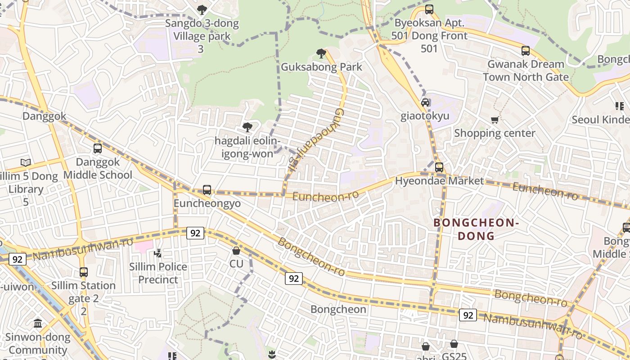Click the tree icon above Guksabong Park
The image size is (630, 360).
tap(321, 54)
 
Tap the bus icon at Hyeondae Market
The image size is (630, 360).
tap(439, 167)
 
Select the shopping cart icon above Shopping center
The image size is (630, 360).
tap(495, 120)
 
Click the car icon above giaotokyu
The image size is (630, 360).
tap(425, 103)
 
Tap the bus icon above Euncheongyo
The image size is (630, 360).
tap(207, 190)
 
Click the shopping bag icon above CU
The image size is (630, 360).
tap(236, 250)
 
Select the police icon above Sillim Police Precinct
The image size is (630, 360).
tap(158, 253)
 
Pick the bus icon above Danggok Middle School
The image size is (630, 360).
tap(98, 148)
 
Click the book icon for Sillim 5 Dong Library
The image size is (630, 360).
tap(26, 162)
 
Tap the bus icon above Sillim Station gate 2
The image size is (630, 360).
tap(84, 272)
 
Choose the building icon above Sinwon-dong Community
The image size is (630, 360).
tap(38, 323)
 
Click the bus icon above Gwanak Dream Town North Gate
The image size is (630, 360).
tap(526, 51)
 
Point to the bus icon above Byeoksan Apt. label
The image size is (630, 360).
tap(429, 9)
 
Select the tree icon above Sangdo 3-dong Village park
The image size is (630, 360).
tap(202, 9)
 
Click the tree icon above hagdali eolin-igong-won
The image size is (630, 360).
tap(247, 127)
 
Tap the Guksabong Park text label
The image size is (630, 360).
tap(321, 67)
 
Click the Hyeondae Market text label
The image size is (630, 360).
tap(439, 181)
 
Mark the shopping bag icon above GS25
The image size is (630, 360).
tap(454, 344)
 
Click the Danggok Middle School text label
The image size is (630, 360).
tap(98, 168)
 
